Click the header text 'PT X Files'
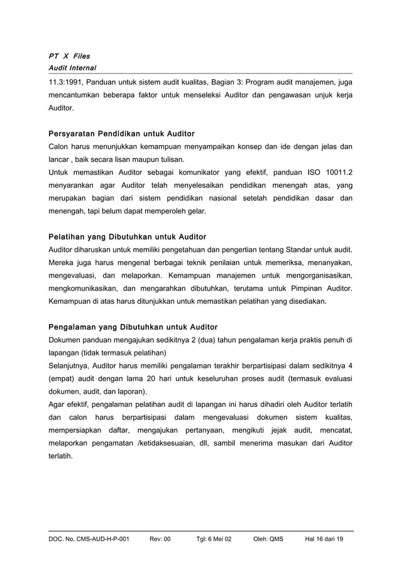click(69, 56)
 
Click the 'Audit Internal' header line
click(73, 67)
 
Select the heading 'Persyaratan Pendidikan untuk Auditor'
click(121, 134)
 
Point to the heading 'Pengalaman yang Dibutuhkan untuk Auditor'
click(133, 327)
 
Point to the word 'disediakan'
click(305, 301)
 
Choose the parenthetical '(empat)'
click(62, 379)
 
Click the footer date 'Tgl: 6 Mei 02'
click(214, 539)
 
